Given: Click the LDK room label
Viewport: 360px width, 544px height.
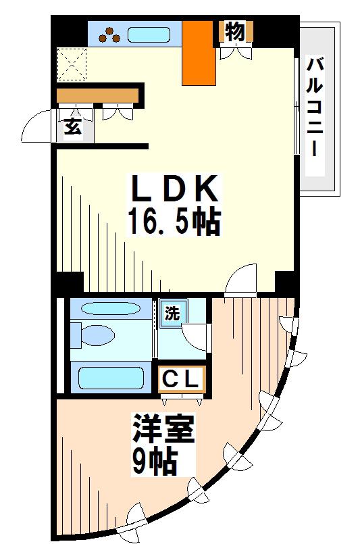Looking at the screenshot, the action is (x=174, y=189).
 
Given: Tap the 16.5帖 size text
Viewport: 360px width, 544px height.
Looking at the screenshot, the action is (x=174, y=222).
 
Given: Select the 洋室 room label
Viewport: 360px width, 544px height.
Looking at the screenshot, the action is (x=163, y=429).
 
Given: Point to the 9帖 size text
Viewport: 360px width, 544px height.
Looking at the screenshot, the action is (x=155, y=462).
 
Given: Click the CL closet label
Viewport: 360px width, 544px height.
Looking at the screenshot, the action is (x=181, y=380).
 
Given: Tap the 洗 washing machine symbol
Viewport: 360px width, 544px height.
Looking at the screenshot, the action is (x=173, y=314).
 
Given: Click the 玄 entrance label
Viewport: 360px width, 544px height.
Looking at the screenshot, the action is (x=73, y=126).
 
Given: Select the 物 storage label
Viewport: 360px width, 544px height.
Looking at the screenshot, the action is (x=235, y=32).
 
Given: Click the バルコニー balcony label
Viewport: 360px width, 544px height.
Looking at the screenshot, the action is (x=315, y=107).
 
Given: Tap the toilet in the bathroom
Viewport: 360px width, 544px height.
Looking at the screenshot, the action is (x=93, y=335).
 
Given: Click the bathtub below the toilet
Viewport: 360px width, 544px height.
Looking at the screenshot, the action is (x=111, y=378).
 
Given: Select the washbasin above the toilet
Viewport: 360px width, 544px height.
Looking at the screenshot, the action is (x=111, y=308).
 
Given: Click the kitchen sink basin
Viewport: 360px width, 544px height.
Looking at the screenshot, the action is (x=149, y=34).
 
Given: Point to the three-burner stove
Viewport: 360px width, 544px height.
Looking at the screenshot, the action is (x=109, y=34).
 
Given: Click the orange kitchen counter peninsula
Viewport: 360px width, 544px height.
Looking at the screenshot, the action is (x=199, y=53).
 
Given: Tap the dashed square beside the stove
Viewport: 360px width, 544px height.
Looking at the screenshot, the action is (x=72, y=64).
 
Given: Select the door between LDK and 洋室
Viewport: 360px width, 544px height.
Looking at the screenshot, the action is (x=240, y=279).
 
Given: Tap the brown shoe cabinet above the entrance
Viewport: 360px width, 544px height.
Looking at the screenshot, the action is (x=97, y=95).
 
